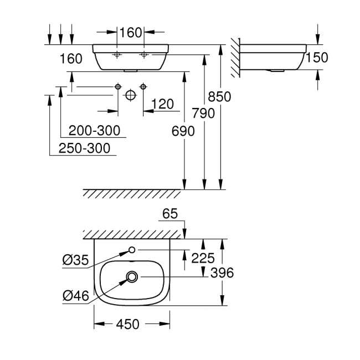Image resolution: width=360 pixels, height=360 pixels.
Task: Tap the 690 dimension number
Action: point(184,131)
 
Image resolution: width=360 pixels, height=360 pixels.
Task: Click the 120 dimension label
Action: point(162,104)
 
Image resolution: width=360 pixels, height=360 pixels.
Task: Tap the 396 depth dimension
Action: point(223,273)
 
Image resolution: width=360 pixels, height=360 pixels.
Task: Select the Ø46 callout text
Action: point(74,296)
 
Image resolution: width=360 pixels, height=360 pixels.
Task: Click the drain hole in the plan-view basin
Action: point(132,275)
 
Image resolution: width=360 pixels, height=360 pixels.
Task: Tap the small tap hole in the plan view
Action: point(132,250)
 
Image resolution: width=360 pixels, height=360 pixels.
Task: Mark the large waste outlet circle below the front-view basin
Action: point(130,95)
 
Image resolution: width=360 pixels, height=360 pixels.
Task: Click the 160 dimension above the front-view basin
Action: point(131,32)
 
